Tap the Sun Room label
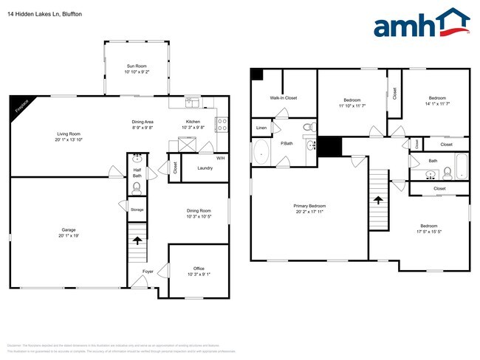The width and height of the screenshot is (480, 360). click(137, 66)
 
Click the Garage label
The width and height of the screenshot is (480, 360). click(68, 229)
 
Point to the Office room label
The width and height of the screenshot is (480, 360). click(199, 268)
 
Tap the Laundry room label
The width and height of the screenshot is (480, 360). click(205, 167)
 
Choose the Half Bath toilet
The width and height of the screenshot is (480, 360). click(137, 188)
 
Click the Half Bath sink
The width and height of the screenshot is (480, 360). click(137, 159)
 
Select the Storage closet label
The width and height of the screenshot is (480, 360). click(137, 210)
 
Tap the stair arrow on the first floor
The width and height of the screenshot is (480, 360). click(137, 240)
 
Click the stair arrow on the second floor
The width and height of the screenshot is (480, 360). click(379, 199)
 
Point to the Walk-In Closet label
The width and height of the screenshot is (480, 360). click(284, 97)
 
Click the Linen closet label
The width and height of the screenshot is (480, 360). click(261, 128)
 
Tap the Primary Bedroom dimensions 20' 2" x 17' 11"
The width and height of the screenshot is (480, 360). click(309, 212)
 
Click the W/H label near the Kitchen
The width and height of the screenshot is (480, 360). click(220, 159)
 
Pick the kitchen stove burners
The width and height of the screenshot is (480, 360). click(221, 125)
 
